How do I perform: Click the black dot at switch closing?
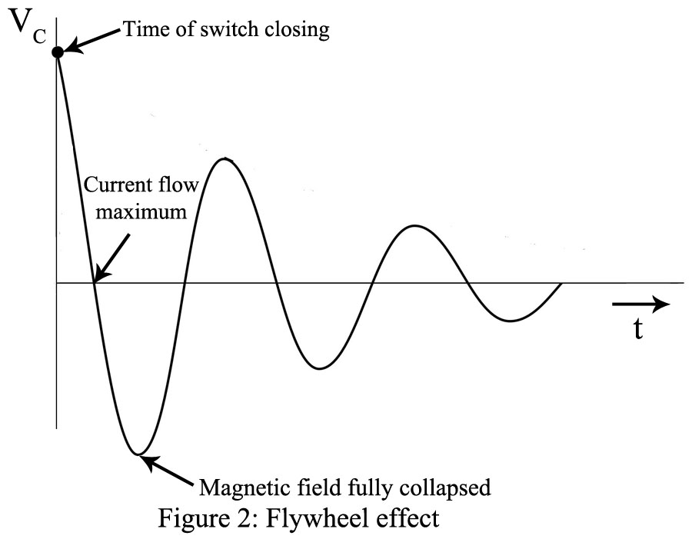[x=57, y=52]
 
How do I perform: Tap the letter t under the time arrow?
[x=637, y=328]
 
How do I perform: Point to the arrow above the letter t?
[x=640, y=304]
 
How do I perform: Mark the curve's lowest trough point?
[x=138, y=454]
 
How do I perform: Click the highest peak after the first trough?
[x=224, y=158]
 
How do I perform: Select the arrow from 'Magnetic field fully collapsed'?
[x=169, y=471]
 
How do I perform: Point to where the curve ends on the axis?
[x=562, y=283]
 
